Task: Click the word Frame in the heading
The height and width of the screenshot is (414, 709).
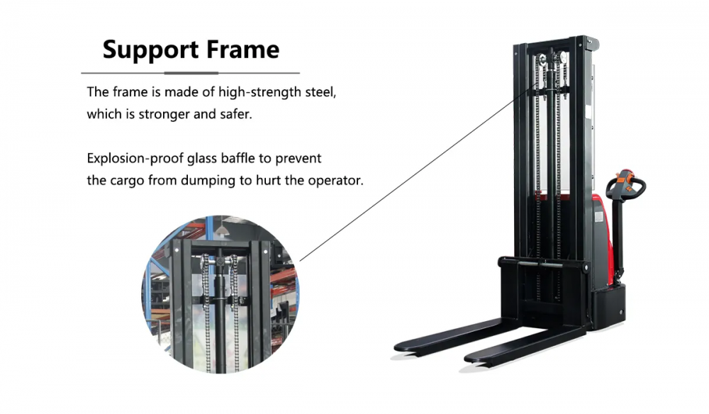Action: [x=242, y=50]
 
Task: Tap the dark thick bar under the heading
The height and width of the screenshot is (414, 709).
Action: [x=191, y=73]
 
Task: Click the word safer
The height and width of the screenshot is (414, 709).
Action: [x=235, y=114]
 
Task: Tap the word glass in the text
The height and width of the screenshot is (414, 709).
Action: [x=207, y=158]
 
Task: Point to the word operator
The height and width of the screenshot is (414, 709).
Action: [x=335, y=180]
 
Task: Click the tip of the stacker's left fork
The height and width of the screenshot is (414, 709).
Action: [x=401, y=347]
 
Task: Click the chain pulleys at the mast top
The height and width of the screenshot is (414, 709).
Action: [x=551, y=60]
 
